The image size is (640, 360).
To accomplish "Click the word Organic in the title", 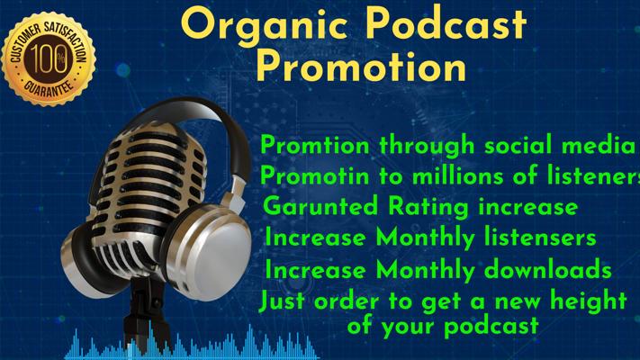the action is point(265,26).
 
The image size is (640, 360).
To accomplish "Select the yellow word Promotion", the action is point(361,67).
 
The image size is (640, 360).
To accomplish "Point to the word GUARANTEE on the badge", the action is point(49,87).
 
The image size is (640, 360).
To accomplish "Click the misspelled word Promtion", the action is point(314,145).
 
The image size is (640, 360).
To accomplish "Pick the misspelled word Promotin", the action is point(314,176).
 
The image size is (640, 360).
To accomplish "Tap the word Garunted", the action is point(320,206).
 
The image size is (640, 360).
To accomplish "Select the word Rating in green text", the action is point(428,207).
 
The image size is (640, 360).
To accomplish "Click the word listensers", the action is point(540,237).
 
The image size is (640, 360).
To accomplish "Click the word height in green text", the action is point(589,301).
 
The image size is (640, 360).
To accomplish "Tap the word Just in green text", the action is point(282,301).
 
